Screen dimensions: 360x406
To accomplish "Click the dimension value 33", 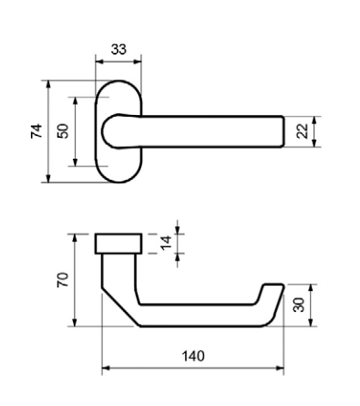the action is tap(118, 49).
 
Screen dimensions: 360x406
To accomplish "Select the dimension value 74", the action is tap(36, 131).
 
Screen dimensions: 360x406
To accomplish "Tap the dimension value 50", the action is tap(63, 131).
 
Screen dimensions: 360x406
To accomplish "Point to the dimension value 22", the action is tap(303, 131).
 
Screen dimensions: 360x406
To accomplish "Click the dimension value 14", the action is tap(166, 243).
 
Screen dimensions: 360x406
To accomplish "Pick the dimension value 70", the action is tap(63, 280).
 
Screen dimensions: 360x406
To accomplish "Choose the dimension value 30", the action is tap(299, 305).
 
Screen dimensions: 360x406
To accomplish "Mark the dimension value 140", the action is tap(193, 356).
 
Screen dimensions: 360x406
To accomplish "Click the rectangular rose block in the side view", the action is tap(118, 244).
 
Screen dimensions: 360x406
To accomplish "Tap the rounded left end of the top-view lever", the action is tap(103, 131).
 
